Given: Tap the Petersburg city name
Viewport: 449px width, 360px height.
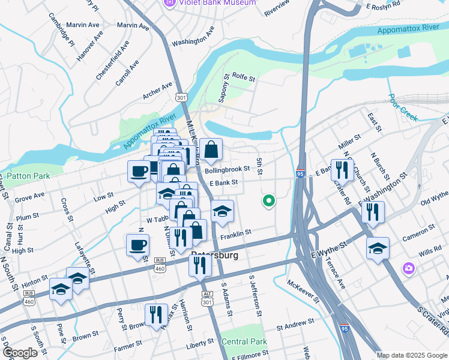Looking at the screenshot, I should tap(214, 255).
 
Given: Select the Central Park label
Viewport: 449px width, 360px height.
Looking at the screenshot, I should tap(244, 341).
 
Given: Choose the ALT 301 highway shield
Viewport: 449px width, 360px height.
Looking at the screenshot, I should tap(208, 298).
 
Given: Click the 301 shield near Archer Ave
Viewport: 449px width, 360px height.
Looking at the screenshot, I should tap(181, 96).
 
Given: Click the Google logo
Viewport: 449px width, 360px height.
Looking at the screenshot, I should tap(20, 353).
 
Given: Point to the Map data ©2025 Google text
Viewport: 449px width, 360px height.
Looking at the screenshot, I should tap(411, 355).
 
